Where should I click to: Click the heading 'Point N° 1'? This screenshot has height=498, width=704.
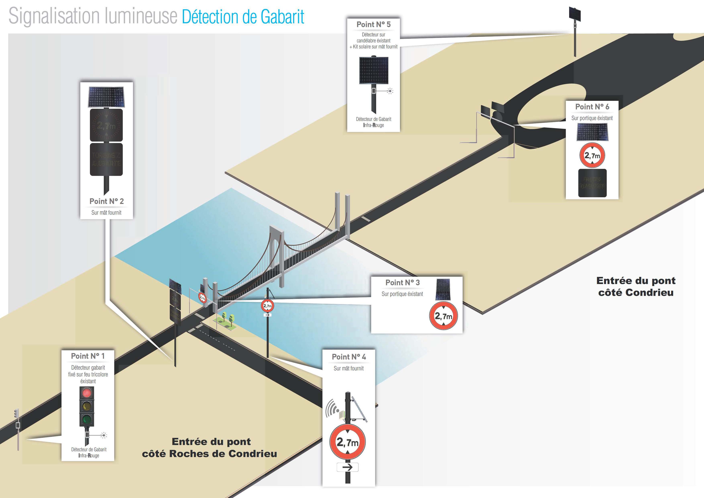(88, 356)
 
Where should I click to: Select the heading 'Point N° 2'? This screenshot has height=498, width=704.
(106, 201)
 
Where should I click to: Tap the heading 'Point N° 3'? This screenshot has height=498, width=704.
(402, 282)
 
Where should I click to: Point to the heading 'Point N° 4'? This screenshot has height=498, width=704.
(349, 357)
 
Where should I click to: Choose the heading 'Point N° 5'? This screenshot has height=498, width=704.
(373, 24)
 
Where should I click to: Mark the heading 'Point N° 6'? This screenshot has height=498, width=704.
(592, 107)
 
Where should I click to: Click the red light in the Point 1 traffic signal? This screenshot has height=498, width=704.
(87, 392)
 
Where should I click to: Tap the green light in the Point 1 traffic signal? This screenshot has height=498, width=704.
(87, 419)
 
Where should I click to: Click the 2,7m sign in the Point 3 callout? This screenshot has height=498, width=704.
(443, 316)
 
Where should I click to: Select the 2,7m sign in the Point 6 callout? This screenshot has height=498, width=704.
(592, 156)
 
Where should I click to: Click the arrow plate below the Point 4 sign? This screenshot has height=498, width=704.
(347, 467)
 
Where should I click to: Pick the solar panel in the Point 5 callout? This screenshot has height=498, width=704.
(373, 70)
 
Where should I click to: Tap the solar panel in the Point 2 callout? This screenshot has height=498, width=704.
(106, 97)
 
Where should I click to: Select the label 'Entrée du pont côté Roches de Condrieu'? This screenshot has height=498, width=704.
(210, 448)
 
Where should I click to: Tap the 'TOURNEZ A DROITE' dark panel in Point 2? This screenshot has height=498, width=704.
(106, 159)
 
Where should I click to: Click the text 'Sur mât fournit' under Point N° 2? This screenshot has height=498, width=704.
(106, 213)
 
